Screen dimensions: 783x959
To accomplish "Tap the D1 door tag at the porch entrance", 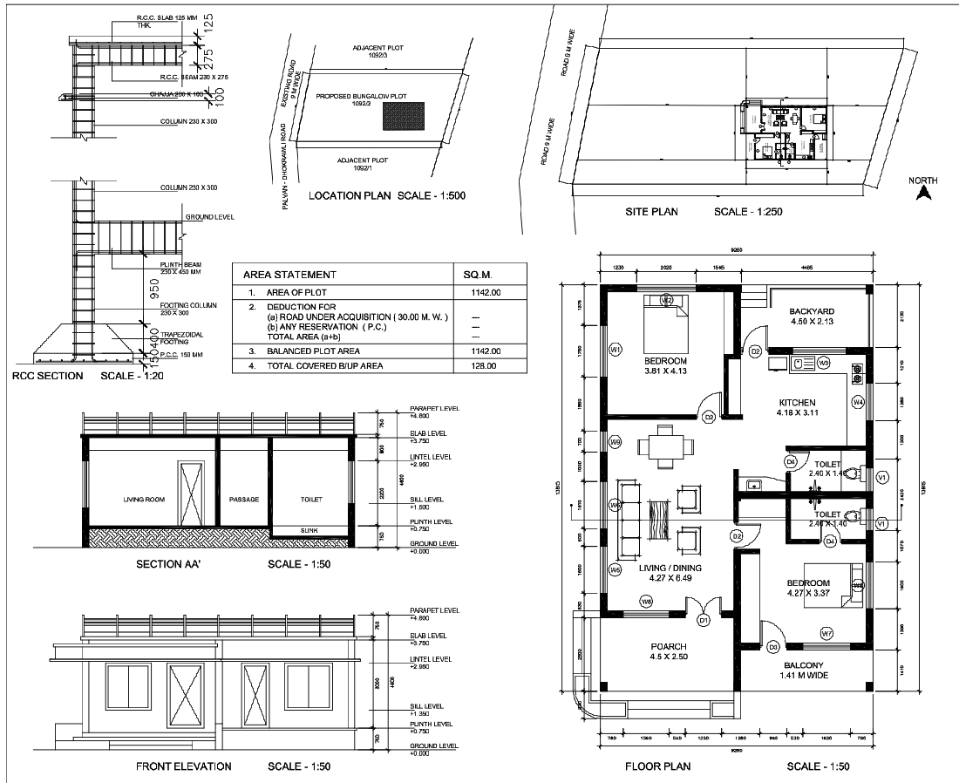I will tap(704, 620).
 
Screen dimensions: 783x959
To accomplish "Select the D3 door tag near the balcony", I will tap(773, 647).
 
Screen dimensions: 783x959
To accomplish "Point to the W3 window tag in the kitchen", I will tap(823, 361).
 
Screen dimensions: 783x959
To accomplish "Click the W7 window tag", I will tap(826, 632).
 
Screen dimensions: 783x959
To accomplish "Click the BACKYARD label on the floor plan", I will tap(812, 311).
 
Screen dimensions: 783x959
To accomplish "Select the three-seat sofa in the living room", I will tap(628, 521).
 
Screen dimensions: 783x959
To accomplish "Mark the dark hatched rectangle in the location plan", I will tap(404, 116).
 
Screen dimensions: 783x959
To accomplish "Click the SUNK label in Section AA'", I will tap(309, 529).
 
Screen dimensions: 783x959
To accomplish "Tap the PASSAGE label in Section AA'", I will tap(243, 500).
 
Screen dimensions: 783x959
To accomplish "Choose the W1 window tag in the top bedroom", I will tap(615, 350).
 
